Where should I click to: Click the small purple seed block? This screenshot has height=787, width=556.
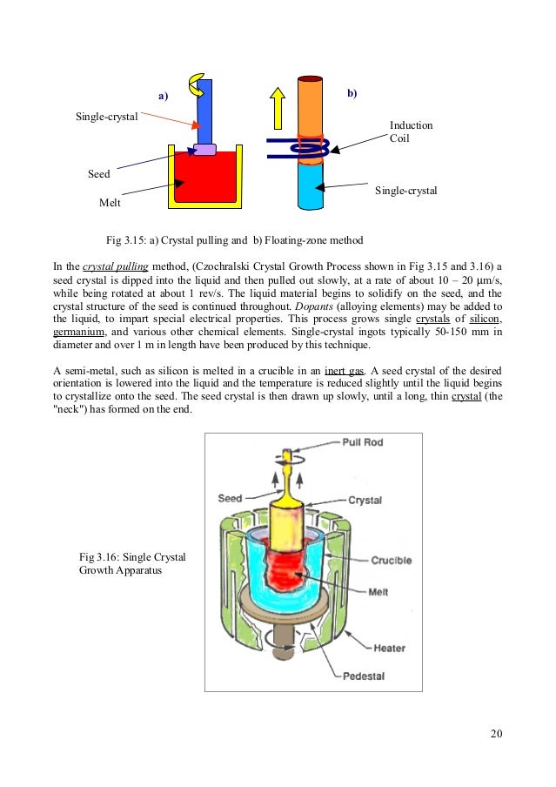[204, 150]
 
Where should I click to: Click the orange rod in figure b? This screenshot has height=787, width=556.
[310, 104]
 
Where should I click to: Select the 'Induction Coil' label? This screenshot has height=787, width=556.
[411, 131]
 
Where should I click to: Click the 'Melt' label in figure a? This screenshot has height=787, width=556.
[110, 203]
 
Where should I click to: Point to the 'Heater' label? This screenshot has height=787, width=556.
[390, 648]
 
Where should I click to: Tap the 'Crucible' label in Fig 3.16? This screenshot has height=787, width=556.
[389, 560]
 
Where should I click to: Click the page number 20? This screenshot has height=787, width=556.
[496, 732]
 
